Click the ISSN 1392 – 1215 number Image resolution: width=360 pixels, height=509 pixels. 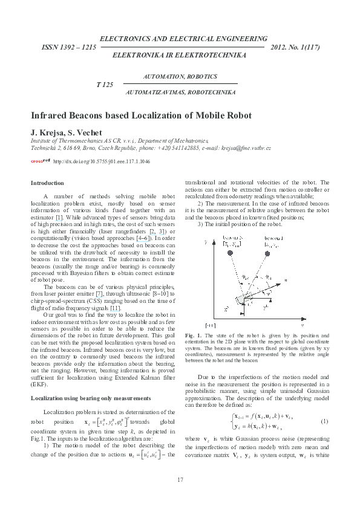click(68, 47)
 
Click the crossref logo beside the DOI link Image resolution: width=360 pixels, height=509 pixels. click(40, 161)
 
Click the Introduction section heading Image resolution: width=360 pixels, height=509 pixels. click(47, 183)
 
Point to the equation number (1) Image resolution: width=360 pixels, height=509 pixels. click(324, 420)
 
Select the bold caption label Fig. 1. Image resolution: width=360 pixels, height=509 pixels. click(191, 335)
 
